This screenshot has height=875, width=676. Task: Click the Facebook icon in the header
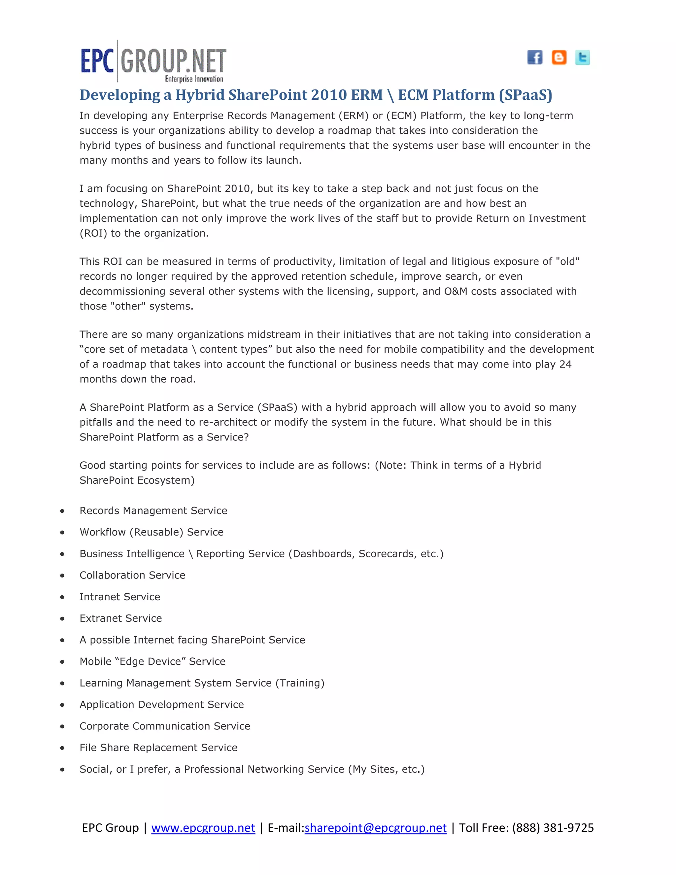tap(534, 57)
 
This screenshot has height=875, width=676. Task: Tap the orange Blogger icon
tap(559, 57)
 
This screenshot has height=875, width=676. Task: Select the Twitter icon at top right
tap(582, 57)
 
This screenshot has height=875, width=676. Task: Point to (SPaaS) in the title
tap(525, 95)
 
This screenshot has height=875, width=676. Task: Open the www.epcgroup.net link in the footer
tap(203, 828)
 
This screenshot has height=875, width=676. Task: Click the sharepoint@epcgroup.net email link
tap(375, 828)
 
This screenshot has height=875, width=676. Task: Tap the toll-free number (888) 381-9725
tap(553, 828)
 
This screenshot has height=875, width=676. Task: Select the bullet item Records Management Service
tap(153, 511)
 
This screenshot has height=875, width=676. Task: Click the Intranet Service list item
tap(120, 597)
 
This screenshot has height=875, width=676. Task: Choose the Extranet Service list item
tap(120, 618)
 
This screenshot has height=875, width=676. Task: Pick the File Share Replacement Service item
tap(158, 748)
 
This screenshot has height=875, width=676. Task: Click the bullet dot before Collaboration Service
tap(62, 576)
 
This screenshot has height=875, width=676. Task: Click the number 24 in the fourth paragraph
tap(565, 364)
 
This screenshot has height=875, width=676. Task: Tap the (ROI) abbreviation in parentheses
tap(93, 233)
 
